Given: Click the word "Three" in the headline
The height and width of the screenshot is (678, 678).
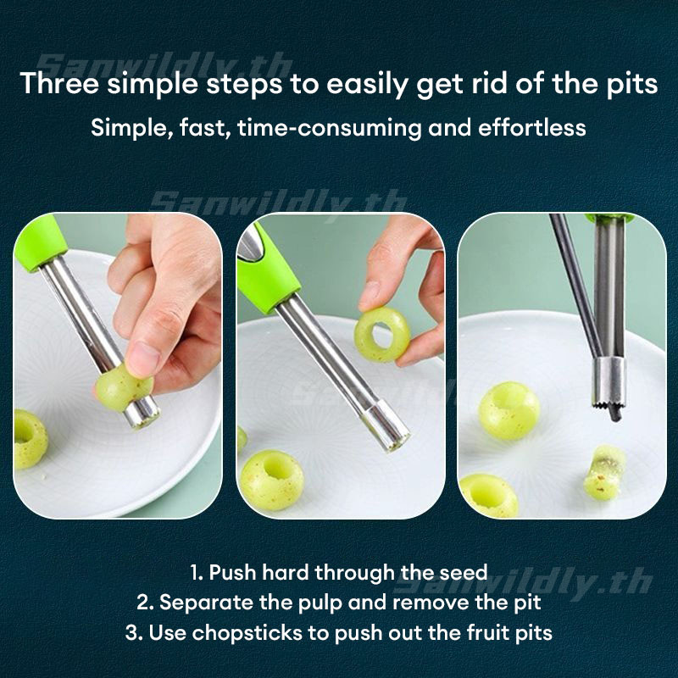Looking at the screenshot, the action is point(59,83).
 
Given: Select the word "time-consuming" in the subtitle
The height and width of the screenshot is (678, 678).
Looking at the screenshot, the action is point(329,128).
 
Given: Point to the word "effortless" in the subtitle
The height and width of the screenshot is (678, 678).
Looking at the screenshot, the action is point(532,128).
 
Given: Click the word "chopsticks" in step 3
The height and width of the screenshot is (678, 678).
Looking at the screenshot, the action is point(247,632).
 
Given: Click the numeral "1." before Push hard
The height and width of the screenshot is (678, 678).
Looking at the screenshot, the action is point(197,573).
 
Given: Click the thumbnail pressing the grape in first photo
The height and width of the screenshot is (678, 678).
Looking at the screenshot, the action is point(142,358).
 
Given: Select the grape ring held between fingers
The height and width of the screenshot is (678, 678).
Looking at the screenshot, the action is point(382,334).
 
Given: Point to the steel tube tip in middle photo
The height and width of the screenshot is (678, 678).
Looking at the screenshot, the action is point(386,426).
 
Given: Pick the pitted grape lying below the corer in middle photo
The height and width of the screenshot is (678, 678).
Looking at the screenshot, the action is point(272,480).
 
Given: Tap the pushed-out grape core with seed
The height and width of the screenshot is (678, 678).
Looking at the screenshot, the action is point(604,473).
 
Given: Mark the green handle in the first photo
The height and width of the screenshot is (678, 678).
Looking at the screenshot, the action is point(40,244).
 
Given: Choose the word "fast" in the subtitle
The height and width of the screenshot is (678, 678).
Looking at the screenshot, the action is point(204,128).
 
